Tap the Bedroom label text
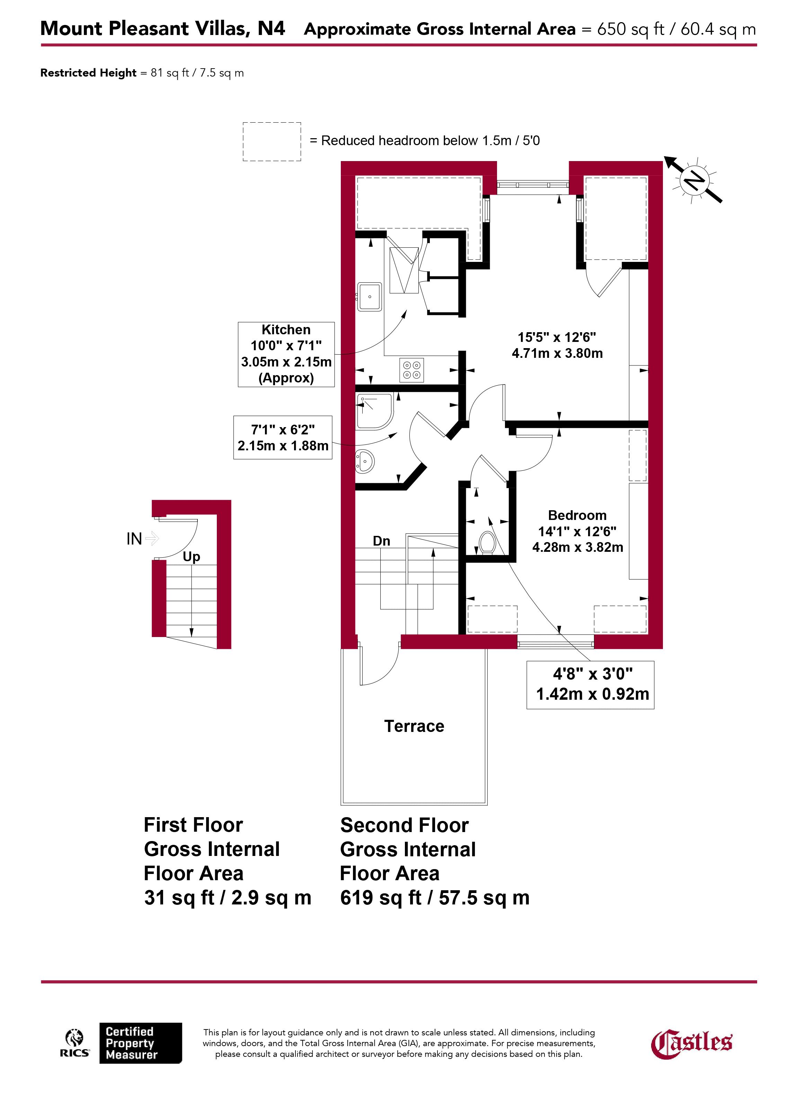pos(577,515)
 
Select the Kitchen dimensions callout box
pos(286,354)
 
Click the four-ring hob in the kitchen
pos(412,370)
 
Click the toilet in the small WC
pos(487,543)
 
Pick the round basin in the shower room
pos(364,461)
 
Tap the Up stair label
pos(192,557)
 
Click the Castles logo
pos(692,1043)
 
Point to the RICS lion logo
pos(74,1042)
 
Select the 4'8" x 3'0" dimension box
pos(591,684)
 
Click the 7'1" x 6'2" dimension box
pos(283,437)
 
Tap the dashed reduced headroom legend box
pos(272,142)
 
